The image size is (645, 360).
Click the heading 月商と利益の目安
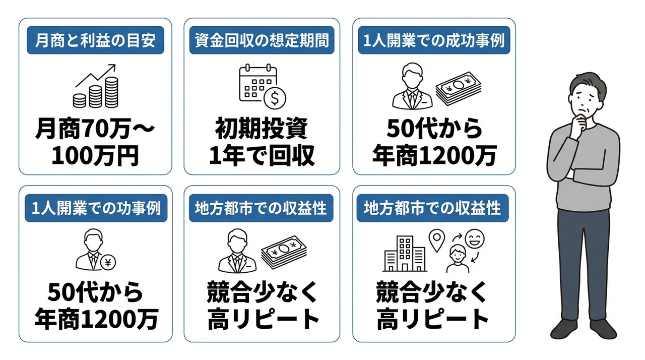coord(95,40)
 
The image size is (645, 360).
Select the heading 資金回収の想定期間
coord(262,40)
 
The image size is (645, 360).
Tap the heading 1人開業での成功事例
coord(434,40)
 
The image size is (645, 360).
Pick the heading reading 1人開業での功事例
coord(96,208)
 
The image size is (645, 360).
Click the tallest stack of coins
coord(111,92)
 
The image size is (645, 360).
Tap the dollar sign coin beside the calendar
coord(275,98)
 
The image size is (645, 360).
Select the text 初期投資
coord(262,128)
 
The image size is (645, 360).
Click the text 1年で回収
coord(262,156)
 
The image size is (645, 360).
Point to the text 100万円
coord(95,156)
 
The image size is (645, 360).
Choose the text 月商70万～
coord(95,128)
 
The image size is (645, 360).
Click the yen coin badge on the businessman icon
coord(108,262)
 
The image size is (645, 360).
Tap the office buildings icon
coord(405,254)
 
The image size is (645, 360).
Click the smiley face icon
coord(475,239)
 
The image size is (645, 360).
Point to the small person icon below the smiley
coord(458,259)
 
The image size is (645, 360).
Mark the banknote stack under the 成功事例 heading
coord(459,88)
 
